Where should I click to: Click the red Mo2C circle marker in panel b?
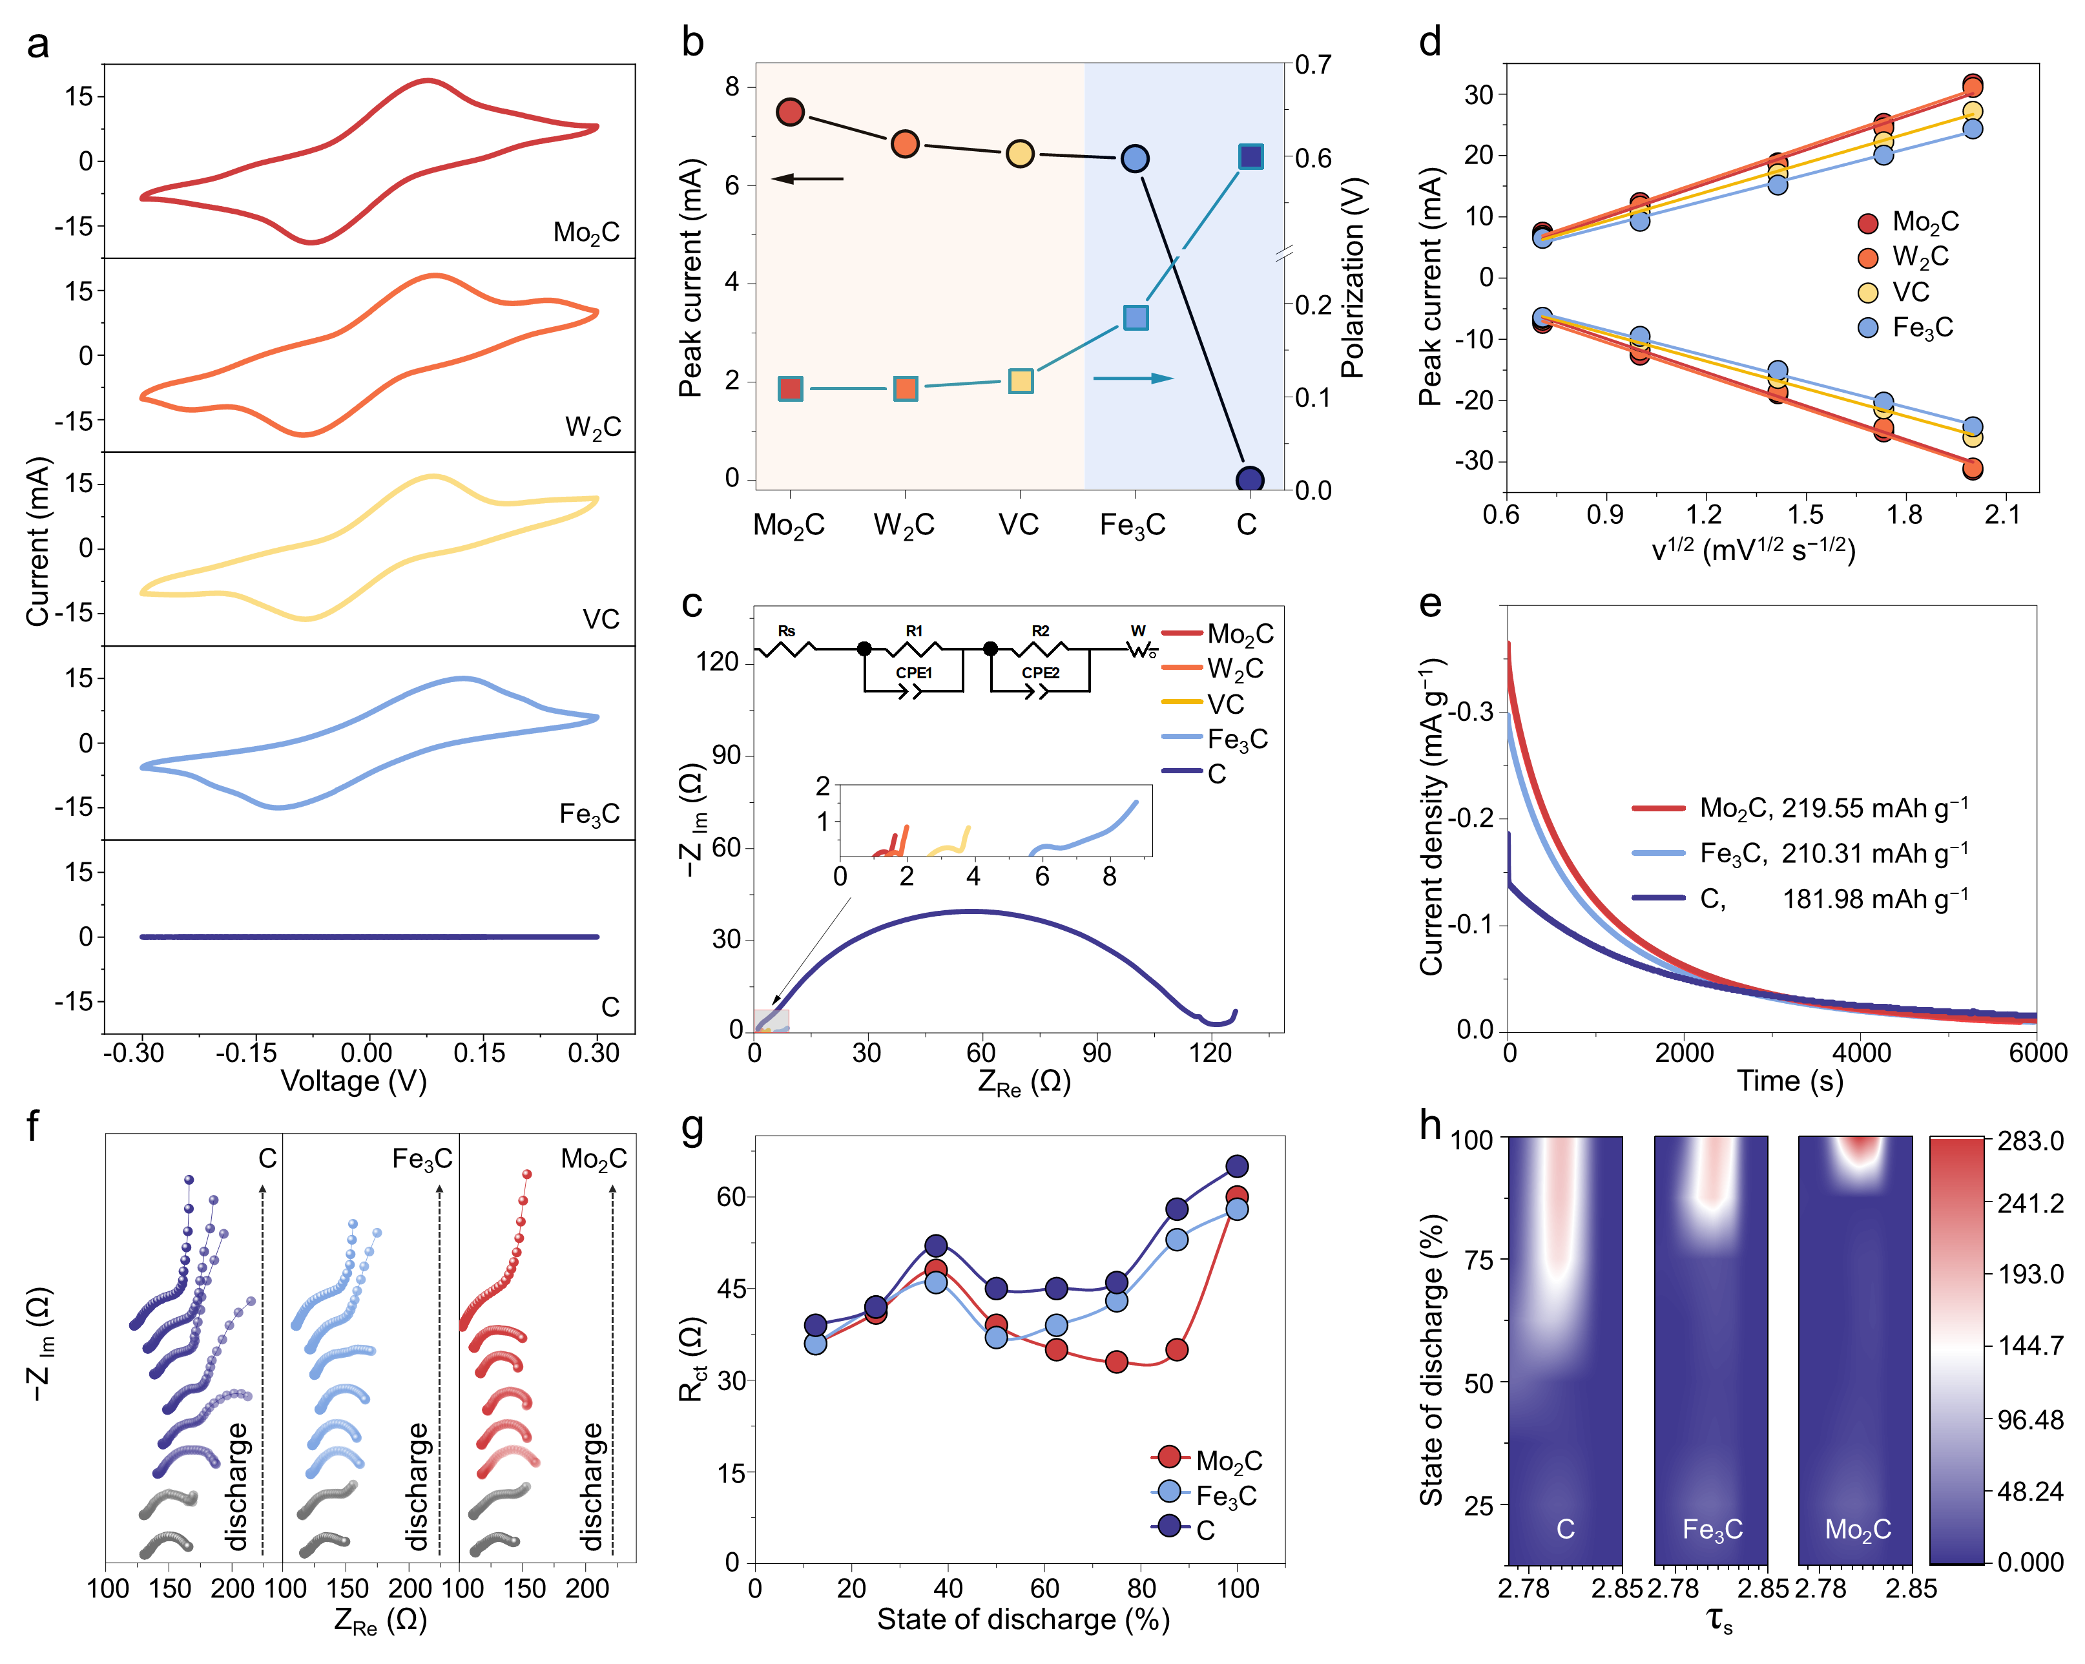coord(790,112)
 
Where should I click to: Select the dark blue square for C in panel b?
coord(1250,156)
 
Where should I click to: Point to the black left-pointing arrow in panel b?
coord(807,179)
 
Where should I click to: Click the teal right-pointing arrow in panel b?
coord(1134,378)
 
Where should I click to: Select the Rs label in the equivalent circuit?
coord(786,631)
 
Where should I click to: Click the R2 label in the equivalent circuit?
coord(1040,631)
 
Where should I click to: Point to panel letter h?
coord(1429,1125)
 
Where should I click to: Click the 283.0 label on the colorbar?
coord(2031,1141)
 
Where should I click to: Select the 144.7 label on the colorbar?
coord(2031,1345)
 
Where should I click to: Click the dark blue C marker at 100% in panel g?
coord(1237,1166)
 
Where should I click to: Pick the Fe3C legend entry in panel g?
coord(1225,1496)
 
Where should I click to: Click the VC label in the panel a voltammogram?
coord(601,619)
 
